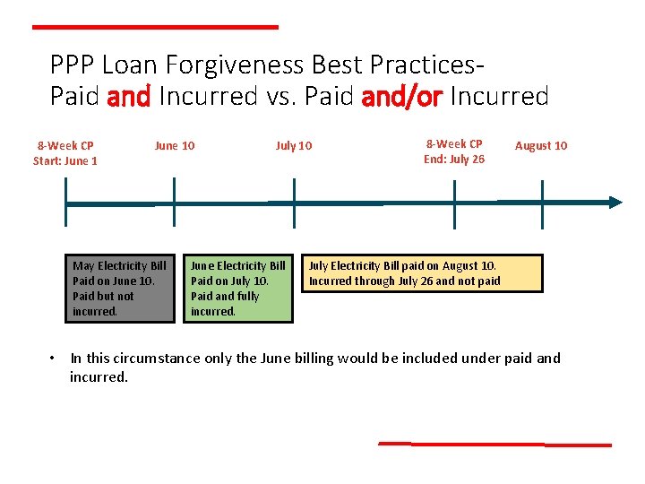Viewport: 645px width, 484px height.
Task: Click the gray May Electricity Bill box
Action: [120, 289]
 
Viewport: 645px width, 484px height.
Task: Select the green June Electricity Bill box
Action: [238, 289]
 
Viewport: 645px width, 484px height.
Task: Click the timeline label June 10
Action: [175, 146]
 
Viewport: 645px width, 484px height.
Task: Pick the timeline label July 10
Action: [294, 146]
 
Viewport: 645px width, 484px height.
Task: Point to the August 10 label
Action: [541, 146]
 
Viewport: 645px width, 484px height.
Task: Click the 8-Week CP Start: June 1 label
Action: [65, 153]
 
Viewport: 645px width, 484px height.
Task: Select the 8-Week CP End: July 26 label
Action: [454, 151]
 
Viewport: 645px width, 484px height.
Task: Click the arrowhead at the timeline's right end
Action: [615, 203]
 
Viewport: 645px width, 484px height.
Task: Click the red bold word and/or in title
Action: [402, 96]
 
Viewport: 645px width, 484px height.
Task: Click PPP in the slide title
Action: [73, 65]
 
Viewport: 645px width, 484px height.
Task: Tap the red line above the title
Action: [155, 27]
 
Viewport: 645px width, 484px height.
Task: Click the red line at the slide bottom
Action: [494, 444]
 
